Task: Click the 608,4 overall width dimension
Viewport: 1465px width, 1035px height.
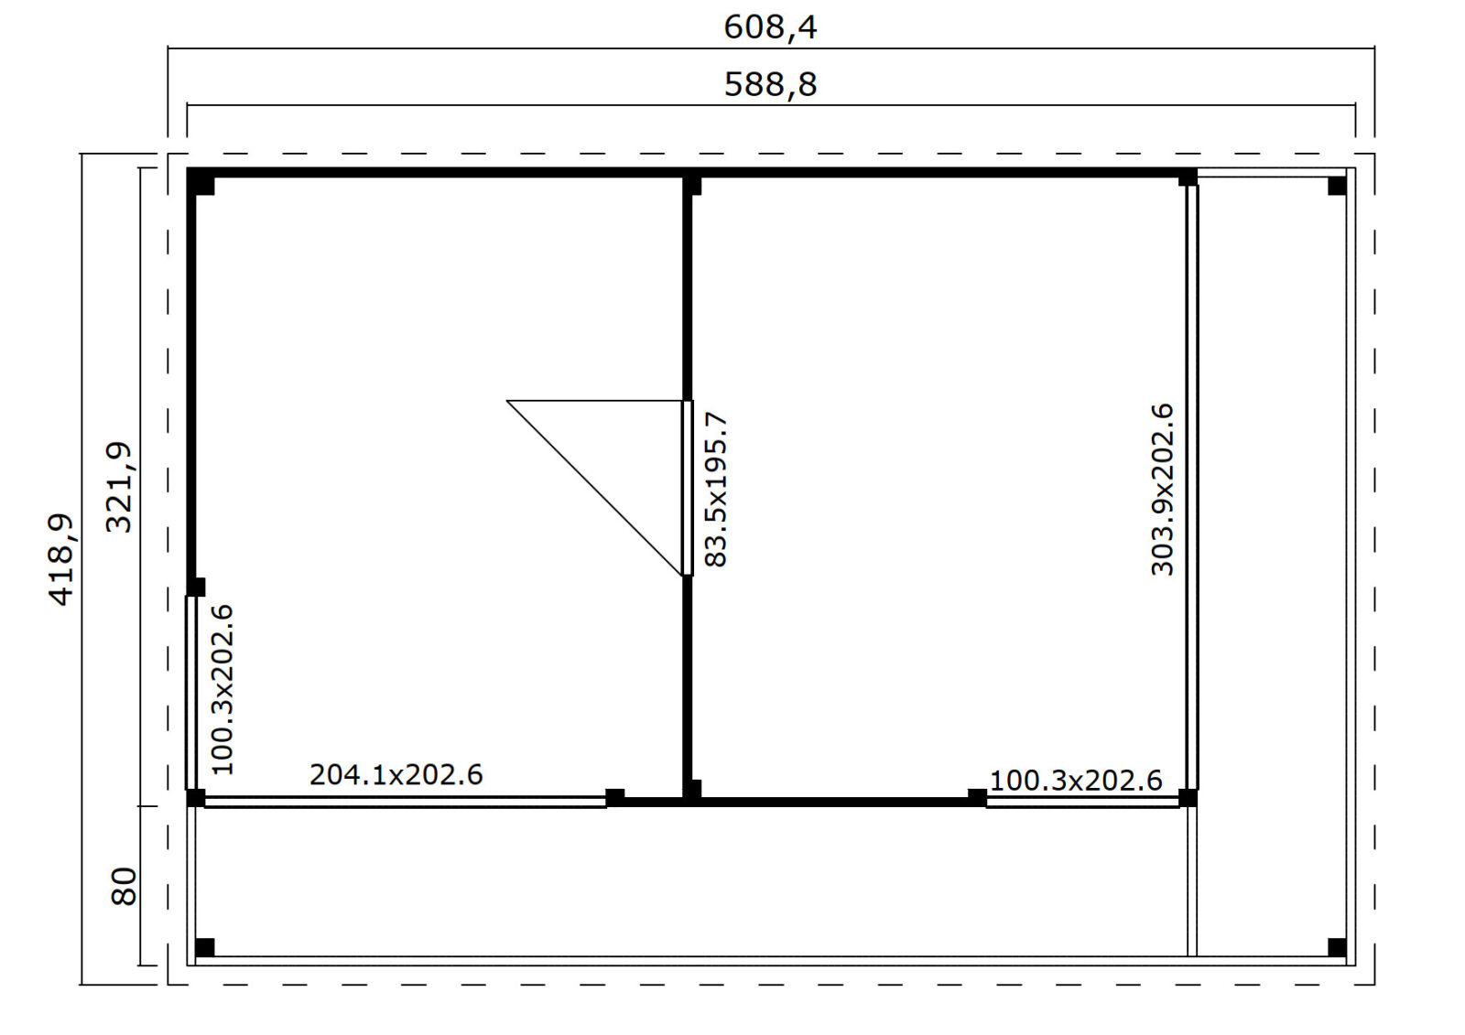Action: click(770, 28)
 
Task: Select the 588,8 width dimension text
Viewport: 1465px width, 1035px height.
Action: click(770, 85)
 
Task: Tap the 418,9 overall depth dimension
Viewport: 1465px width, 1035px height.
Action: click(63, 560)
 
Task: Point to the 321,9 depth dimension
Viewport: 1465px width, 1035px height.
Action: click(120, 488)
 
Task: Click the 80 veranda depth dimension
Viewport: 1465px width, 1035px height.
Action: click(124, 887)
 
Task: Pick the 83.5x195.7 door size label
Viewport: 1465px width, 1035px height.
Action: click(715, 490)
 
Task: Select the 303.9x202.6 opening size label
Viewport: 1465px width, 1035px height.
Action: click(1162, 490)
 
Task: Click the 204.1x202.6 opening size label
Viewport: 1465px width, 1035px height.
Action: click(396, 775)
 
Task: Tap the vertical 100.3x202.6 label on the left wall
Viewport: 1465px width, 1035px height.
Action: click(222, 690)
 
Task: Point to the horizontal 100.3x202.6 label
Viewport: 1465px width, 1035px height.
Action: click(1076, 780)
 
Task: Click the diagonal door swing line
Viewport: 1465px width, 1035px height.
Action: click(594, 489)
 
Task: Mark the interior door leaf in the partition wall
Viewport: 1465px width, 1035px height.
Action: click(688, 489)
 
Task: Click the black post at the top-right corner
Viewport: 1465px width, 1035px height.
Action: click(1337, 187)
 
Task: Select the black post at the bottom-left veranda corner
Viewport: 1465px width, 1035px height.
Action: click(205, 947)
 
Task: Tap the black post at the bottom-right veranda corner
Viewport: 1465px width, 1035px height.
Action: click(1337, 947)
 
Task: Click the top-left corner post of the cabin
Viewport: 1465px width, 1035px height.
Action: click(201, 182)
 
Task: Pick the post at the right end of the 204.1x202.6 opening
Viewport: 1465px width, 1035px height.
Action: click(614, 798)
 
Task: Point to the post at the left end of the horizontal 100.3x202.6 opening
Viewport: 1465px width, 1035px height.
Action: click(977, 798)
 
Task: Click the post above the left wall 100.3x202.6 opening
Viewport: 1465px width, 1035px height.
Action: click(196, 588)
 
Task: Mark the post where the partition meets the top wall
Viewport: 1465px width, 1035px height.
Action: click(692, 183)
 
